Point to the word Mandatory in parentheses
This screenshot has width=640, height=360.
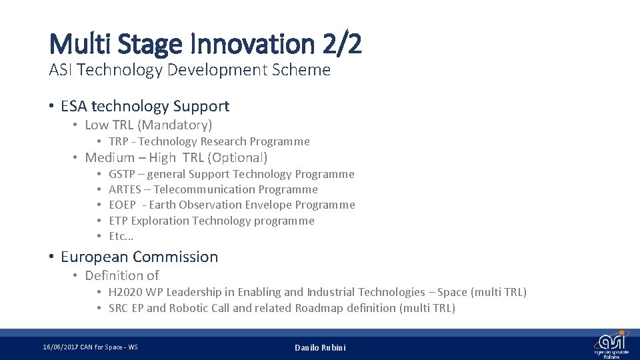pyautogui.click(x=178, y=125)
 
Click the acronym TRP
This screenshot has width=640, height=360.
pyautogui.click(x=119, y=141)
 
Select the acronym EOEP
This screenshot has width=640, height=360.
pyautogui.click(x=123, y=205)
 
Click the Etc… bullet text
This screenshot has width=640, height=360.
pyautogui.click(x=121, y=236)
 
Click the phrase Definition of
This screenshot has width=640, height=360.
pyautogui.click(x=122, y=275)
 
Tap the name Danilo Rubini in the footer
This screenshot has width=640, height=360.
pyautogui.click(x=320, y=347)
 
